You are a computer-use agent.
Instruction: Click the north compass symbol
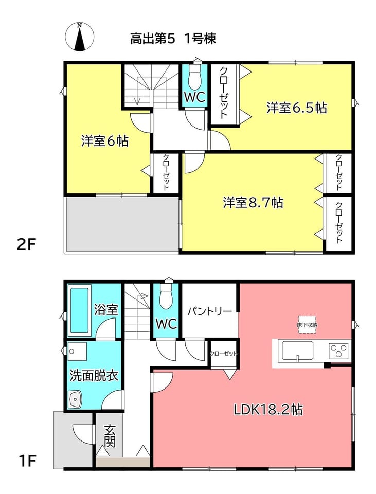tap(80, 37)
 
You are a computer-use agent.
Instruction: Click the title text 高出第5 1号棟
tap(173, 39)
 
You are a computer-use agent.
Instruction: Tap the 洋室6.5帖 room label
tap(297, 108)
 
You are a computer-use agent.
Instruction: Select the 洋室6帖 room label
tap(105, 141)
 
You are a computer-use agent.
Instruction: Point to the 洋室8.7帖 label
tap(253, 202)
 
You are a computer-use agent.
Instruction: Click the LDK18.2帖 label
tap(268, 410)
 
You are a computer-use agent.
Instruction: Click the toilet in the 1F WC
tap(167, 294)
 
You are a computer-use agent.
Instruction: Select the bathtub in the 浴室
tap(80, 309)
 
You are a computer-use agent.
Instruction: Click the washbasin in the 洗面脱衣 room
tap(75, 399)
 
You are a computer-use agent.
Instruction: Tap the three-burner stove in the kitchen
tap(338, 350)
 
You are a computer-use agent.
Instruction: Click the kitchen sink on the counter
tap(298, 350)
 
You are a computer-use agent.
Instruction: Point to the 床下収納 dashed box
tap(307, 325)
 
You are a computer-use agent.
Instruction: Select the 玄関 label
tap(110, 436)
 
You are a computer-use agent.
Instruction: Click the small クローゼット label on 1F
tap(224, 354)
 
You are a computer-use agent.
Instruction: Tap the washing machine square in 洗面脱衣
tap(78, 351)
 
